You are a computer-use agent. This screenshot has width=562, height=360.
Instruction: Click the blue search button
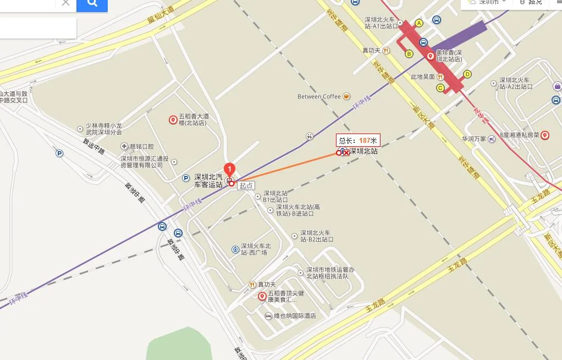(x=92, y=4)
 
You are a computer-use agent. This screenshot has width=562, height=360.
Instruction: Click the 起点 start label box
(x=246, y=186)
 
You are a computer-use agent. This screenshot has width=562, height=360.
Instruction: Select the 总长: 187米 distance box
(x=359, y=141)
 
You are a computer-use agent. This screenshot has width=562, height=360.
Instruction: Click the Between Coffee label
(x=319, y=97)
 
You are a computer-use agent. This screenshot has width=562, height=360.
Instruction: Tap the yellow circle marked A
(x=419, y=23)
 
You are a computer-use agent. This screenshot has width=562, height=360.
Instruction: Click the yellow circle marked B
(x=409, y=53)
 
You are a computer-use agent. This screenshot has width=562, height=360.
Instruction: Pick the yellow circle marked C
(x=440, y=88)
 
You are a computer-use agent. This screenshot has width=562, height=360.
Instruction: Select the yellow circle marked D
(x=467, y=74)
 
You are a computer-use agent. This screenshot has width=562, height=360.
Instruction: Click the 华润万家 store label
(x=474, y=139)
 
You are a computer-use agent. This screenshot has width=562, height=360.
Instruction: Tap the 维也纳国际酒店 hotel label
(x=295, y=316)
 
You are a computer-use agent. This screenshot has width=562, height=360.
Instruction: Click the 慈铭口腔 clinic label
(x=141, y=147)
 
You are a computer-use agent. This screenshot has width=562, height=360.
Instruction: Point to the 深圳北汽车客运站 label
(x=208, y=181)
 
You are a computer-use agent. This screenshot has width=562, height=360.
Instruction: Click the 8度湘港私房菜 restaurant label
(x=520, y=135)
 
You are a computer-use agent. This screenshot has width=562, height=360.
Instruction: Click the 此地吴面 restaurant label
(x=423, y=77)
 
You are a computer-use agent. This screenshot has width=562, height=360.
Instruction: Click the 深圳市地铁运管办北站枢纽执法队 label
(x=330, y=273)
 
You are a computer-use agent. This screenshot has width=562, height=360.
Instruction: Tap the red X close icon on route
(x=346, y=153)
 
